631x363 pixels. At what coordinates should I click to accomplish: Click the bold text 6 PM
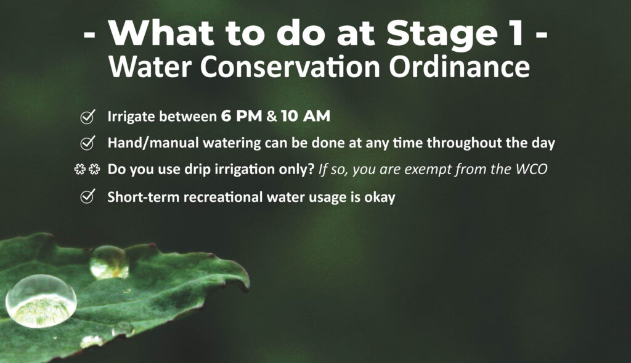(x=242, y=116)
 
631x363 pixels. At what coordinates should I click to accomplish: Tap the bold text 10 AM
(x=306, y=116)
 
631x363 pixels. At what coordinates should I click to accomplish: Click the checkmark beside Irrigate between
(x=88, y=117)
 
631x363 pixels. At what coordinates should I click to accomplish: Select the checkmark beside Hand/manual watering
(x=88, y=143)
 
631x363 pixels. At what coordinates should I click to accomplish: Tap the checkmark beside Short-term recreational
(x=88, y=196)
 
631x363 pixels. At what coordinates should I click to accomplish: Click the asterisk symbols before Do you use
(x=88, y=169)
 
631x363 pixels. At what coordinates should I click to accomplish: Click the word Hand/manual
(x=153, y=143)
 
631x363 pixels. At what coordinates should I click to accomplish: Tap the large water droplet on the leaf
(x=41, y=301)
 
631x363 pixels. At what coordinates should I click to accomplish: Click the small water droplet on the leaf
(x=109, y=262)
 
